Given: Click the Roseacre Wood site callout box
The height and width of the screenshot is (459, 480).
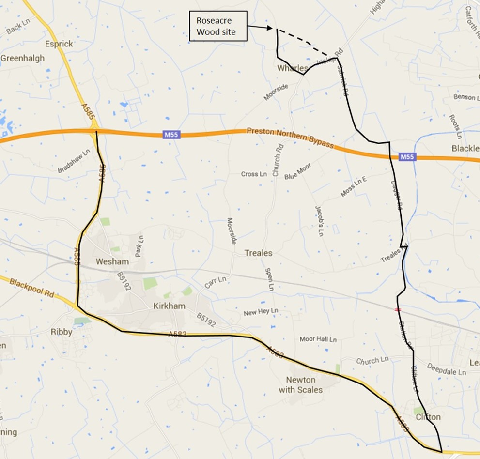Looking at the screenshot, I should click(x=217, y=27).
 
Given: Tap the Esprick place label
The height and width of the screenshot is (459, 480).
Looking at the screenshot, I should click(x=58, y=44).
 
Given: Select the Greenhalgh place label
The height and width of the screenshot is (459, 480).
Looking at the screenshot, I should click(x=22, y=58).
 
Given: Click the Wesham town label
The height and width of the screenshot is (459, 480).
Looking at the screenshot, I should click(x=112, y=262).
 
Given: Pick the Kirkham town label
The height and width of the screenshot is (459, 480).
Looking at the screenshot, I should click(x=166, y=306).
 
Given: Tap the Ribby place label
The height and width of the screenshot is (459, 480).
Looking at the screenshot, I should click(x=62, y=332).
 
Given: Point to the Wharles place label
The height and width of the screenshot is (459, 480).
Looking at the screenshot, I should click(x=292, y=68).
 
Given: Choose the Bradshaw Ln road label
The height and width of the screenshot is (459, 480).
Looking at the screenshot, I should click(x=74, y=161).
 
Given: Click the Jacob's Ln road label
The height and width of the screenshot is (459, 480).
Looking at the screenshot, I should click(x=319, y=221).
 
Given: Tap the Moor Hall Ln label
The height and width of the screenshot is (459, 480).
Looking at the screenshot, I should click(x=318, y=339).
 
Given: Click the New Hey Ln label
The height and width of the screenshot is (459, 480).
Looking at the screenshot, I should click(x=261, y=312).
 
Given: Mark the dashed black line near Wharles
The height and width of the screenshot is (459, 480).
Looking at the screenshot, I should click(x=306, y=43).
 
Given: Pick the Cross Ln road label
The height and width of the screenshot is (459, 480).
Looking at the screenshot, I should click(x=254, y=174).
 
